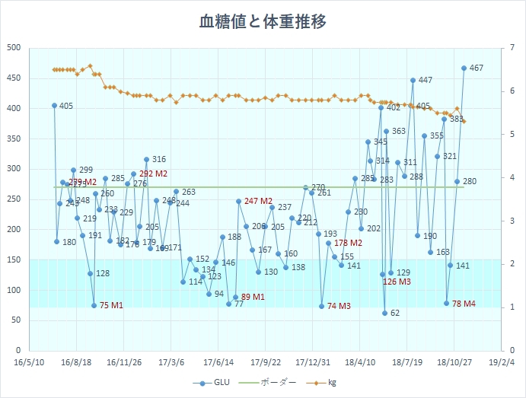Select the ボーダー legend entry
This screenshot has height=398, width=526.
[x=273, y=383]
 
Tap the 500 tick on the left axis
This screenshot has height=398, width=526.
[x=14, y=48]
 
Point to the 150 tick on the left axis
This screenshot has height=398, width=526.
[x=14, y=259]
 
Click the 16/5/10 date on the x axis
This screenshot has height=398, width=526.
[x=28, y=363]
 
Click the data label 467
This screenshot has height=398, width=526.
[x=477, y=68]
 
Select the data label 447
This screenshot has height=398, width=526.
[x=425, y=80]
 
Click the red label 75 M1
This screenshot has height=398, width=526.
[x=111, y=306]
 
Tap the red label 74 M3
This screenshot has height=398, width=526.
[x=339, y=306]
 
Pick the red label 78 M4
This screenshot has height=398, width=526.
[x=464, y=304]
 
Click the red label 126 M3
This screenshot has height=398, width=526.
[x=397, y=282]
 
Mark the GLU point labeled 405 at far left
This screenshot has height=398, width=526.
[x=54, y=106]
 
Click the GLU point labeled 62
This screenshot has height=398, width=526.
[x=385, y=313]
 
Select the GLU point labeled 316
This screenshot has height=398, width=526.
[x=146, y=160]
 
